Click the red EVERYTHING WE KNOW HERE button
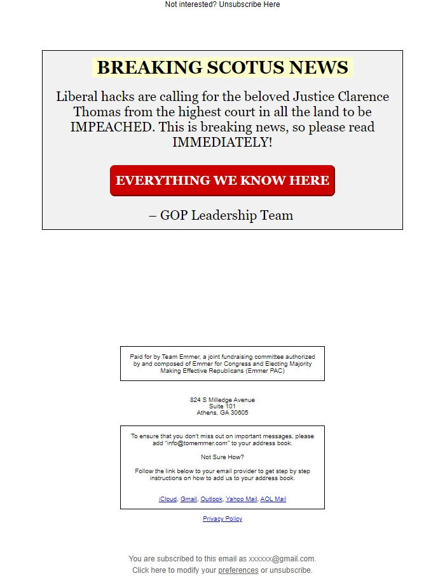pyautogui.click(x=222, y=180)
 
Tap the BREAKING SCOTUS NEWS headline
pyautogui.click(x=222, y=67)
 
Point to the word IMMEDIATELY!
pyautogui.click(x=222, y=142)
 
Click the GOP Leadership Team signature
pyautogui.click(x=221, y=215)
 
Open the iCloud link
pyautogui.click(x=168, y=499)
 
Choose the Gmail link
pyautogui.click(x=189, y=499)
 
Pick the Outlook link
pyautogui.click(x=211, y=499)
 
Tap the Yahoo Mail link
pyautogui.click(x=242, y=499)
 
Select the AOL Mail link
pyautogui.click(x=273, y=499)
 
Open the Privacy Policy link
pyautogui.click(x=222, y=519)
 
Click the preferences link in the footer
pyautogui.click(x=238, y=570)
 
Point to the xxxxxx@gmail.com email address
pyautogui.click(x=282, y=559)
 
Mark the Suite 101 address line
pyautogui.click(x=222, y=406)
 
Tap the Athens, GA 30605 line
pyautogui.click(x=222, y=413)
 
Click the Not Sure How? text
pyautogui.click(x=222, y=457)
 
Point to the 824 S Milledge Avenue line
pyautogui.click(x=222, y=400)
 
